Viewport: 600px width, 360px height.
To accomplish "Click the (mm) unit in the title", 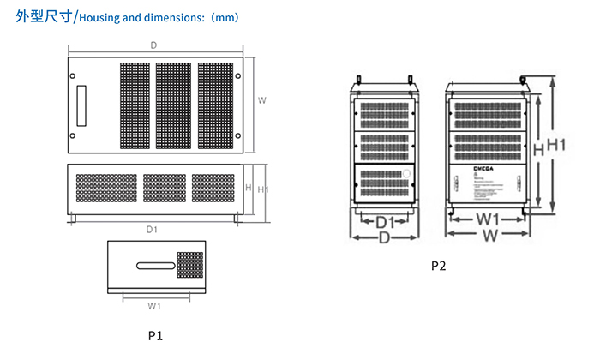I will click(225, 17).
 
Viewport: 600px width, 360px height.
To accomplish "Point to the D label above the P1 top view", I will click(153, 45).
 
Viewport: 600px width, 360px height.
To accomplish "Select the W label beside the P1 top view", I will click(261, 100).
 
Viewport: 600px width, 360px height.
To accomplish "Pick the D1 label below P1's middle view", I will click(152, 229).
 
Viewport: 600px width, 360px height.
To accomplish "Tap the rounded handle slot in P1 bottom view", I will click(153, 267).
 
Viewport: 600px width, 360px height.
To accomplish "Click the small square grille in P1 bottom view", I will click(189, 265).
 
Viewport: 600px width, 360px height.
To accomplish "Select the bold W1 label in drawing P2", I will click(489, 220).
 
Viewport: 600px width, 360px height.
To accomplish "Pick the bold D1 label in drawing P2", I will click(387, 222).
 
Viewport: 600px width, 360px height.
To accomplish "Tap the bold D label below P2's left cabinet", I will click(385, 236).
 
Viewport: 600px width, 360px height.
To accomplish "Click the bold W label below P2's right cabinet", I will click(489, 235).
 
